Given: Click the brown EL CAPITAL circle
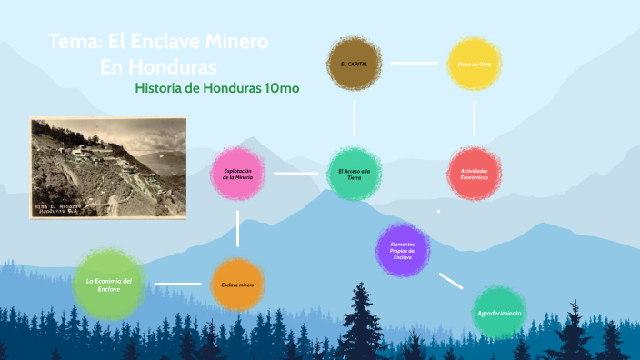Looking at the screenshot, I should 354,65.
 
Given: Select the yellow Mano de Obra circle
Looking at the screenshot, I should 474,64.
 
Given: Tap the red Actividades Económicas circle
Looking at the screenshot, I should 474,173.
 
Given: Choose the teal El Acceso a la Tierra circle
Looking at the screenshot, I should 354,173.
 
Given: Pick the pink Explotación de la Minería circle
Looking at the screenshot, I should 238,173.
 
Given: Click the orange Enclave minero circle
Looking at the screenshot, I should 238,285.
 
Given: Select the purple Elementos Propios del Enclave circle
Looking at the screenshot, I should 403,250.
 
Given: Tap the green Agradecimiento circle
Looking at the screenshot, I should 499,313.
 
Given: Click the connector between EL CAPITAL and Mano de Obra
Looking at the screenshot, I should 414,64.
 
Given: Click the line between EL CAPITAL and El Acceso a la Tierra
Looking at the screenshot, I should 354,118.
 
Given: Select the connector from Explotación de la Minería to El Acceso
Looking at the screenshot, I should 295,173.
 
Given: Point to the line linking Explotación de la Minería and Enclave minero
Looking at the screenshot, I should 238,229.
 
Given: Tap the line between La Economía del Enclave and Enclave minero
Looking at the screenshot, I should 178,284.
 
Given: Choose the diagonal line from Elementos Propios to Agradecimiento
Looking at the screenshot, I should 451,281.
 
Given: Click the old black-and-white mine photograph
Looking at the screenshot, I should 107,167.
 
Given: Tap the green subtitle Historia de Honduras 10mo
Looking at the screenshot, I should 216,88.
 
